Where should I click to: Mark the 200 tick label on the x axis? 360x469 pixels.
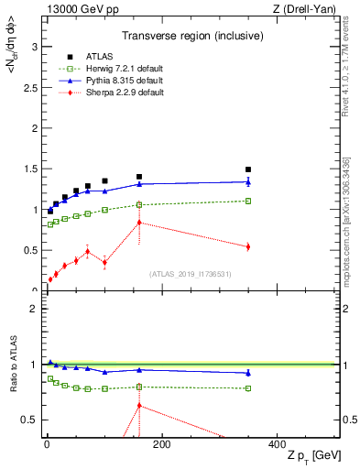click(x=161, y=444)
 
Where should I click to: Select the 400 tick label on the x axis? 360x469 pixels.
click(x=276, y=444)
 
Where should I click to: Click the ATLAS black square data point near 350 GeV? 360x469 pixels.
click(x=248, y=169)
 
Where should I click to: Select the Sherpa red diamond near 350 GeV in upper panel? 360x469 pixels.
click(x=248, y=246)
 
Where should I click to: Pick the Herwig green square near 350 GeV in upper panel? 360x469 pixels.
click(x=248, y=201)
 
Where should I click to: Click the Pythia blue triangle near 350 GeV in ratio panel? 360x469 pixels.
click(x=248, y=373)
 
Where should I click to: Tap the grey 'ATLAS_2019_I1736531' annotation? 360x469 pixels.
click(x=191, y=273)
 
